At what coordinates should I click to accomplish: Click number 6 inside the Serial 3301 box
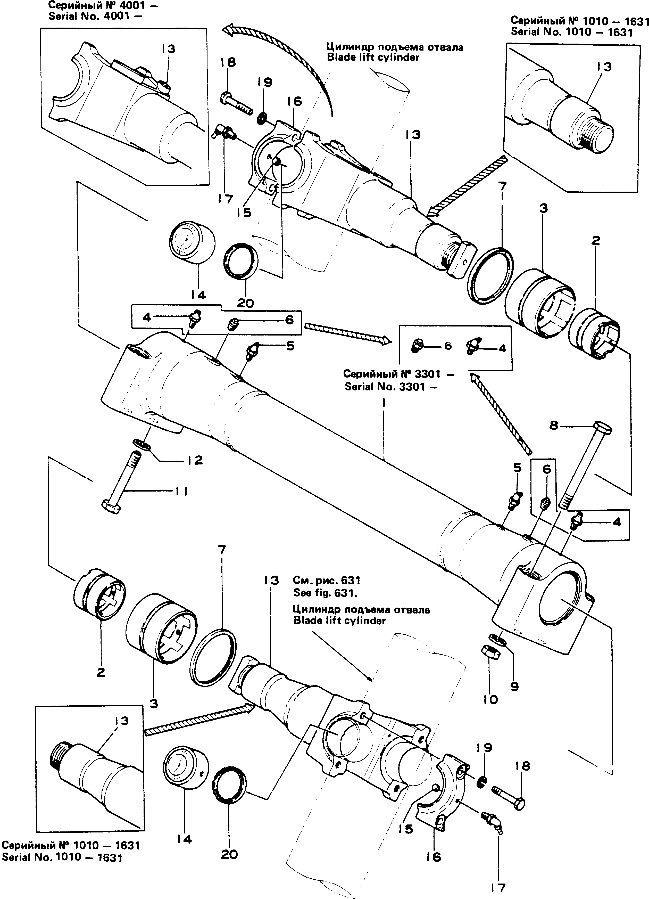point(448,346)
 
